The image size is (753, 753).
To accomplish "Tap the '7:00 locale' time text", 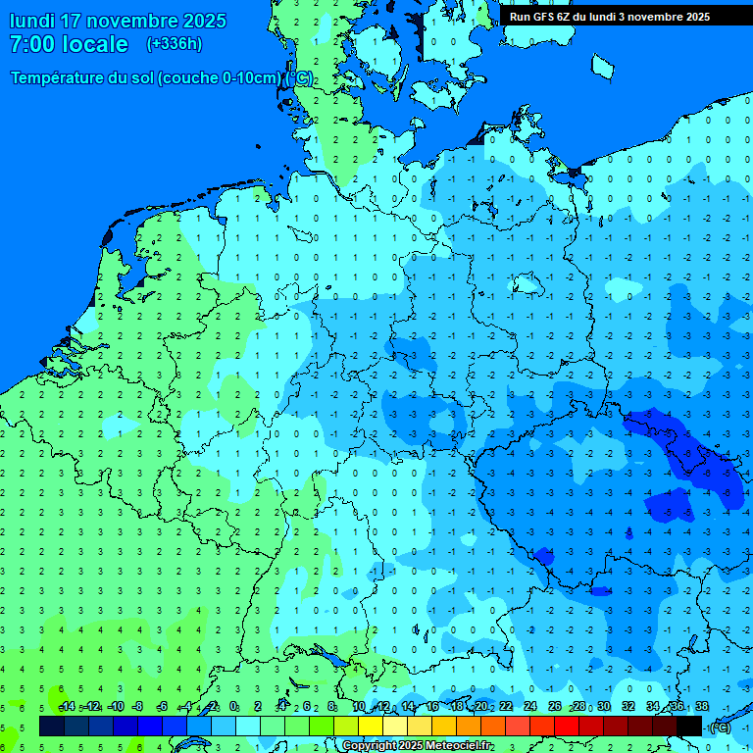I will (69, 44).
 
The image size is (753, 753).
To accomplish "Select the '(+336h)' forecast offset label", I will (174, 44).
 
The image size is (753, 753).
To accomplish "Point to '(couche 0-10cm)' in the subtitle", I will (222, 78).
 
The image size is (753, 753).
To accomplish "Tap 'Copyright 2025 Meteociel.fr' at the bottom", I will (418, 746).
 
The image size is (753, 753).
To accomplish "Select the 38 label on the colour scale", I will (701, 707).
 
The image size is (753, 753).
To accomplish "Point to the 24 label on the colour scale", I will (530, 707).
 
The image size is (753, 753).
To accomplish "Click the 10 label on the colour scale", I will (359, 707).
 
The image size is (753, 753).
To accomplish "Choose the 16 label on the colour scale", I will (432, 707).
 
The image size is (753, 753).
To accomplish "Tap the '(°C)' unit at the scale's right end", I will (719, 727).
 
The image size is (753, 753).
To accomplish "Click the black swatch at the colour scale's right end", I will (689, 726).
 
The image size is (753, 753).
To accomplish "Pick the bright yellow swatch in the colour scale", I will (371, 726).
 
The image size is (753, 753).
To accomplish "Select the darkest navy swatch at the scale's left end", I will (52, 726).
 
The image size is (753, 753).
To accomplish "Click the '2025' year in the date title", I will (204, 21).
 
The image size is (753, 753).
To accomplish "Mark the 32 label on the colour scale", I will (628, 707).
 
